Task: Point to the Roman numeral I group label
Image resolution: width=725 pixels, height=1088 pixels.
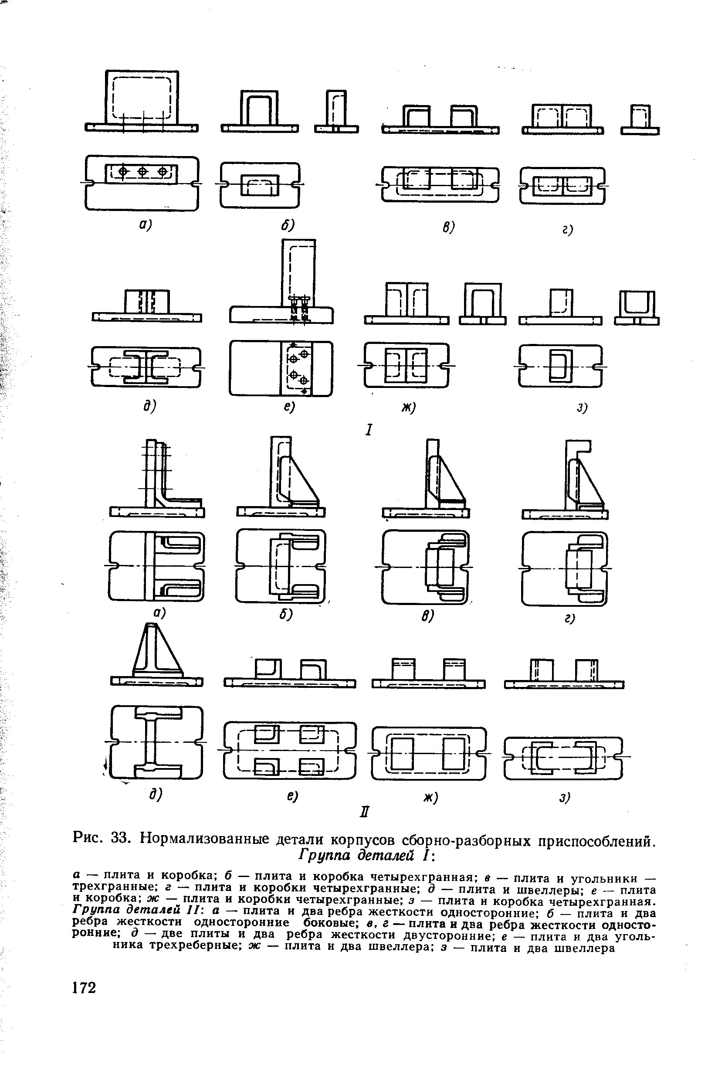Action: pos(369,430)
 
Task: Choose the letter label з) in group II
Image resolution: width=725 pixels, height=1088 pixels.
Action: pos(565,796)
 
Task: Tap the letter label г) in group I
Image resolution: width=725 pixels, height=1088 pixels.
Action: pos(568,229)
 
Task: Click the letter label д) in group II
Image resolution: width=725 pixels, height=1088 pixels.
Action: pos(156,794)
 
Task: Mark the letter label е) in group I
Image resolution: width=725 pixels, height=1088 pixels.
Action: pos(290,407)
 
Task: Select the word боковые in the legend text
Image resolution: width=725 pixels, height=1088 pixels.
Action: pos(328,923)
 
